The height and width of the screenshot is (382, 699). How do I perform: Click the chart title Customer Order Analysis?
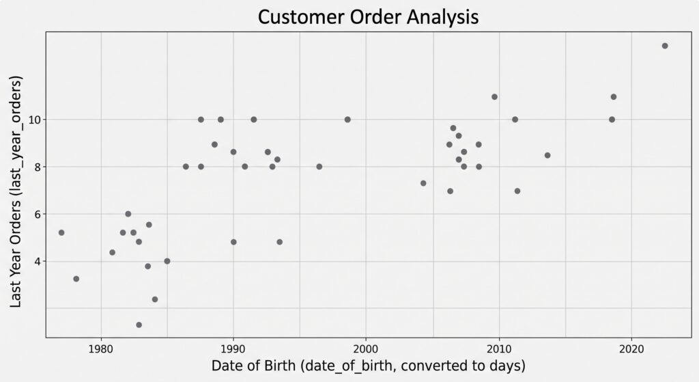(x=368, y=17)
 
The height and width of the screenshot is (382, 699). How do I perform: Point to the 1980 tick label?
(x=101, y=349)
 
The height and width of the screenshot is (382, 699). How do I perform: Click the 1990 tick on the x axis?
(x=233, y=349)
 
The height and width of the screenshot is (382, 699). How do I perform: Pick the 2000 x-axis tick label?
(x=366, y=349)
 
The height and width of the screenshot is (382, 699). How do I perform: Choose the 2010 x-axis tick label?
(x=499, y=349)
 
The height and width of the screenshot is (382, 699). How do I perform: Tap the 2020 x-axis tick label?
(x=631, y=349)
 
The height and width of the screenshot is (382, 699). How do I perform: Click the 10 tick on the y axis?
(x=35, y=120)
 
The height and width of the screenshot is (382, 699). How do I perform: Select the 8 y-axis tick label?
(x=38, y=167)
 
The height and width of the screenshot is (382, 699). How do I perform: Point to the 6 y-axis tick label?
(x=38, y=214)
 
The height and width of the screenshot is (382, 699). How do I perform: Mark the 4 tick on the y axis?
(x=38, y=262)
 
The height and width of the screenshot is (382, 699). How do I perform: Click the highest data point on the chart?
(x=665, y=46)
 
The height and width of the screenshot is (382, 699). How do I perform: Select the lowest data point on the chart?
(x=139, y=325)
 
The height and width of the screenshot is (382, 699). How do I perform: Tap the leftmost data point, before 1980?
(x=61, y=232)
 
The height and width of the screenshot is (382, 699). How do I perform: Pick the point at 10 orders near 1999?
(x=347, y=120)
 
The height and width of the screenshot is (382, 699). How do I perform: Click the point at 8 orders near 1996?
(x=319, y=167)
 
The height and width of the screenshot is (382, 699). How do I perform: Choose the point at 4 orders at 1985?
(x=167, y=261)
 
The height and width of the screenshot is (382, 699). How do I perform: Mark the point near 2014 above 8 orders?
(x=547, y=155)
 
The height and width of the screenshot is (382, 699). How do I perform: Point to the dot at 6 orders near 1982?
(x=128, y=214)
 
